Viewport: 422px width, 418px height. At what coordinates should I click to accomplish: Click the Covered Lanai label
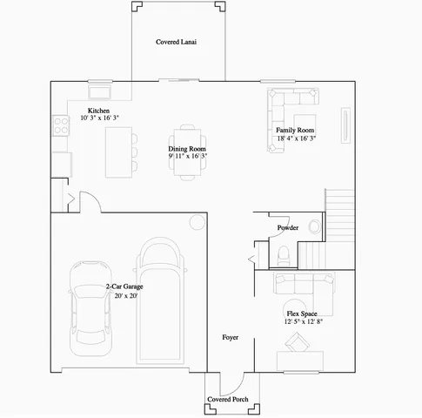point(176,42)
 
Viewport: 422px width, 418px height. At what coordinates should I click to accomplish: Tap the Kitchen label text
point(98,111)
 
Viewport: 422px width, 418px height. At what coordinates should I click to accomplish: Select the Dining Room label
point(187,149)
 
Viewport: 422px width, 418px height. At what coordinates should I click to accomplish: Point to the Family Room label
point(295,130)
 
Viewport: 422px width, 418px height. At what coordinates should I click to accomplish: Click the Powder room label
point(288,228)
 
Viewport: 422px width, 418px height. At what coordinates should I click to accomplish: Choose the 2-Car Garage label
point(124,286)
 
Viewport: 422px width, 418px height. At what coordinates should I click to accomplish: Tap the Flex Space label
point(301,313)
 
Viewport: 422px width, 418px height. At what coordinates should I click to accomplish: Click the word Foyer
point(230,336)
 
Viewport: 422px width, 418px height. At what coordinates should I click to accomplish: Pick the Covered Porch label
point(228,400)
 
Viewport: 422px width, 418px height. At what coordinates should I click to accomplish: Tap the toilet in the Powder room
point(284,255)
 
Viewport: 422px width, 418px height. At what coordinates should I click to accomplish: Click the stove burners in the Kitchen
point(59,126)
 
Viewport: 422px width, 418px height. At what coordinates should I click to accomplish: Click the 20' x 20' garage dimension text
point(124,295)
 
